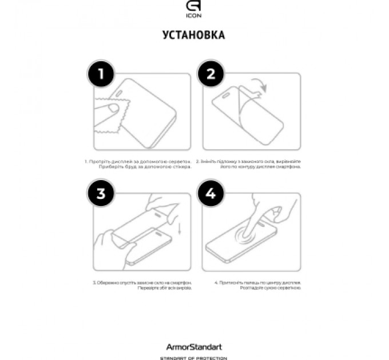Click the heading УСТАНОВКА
click(194, 35)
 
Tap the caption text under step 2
click(249, 165)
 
